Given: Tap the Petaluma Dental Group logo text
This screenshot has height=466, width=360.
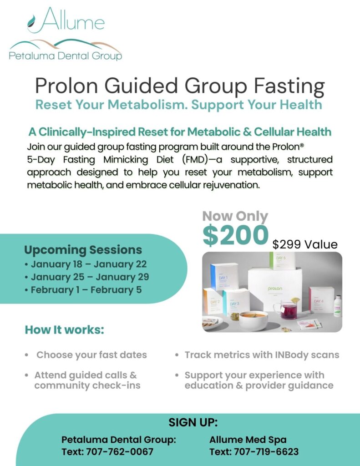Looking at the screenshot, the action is point(66,56).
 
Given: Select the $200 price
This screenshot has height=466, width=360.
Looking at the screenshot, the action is point(235,235).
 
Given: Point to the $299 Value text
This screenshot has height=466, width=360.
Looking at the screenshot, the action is point(305,244).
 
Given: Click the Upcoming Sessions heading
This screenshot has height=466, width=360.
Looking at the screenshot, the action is point(83,250).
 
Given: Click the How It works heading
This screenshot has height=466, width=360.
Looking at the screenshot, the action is point(65,329).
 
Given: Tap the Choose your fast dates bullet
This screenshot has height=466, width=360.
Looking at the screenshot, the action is point(91,355).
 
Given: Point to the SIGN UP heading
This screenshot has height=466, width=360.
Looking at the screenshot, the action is point(193,422).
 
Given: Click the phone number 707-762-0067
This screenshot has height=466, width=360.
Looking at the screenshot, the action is point(120,452).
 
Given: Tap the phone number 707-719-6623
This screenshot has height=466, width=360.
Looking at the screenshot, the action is point(266,452).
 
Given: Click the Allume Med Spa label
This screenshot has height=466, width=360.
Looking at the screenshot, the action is point(248,440).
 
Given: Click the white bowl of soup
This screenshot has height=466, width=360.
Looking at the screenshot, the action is point(254,320).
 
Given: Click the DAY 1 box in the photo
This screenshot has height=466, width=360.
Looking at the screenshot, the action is point(224,277).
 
